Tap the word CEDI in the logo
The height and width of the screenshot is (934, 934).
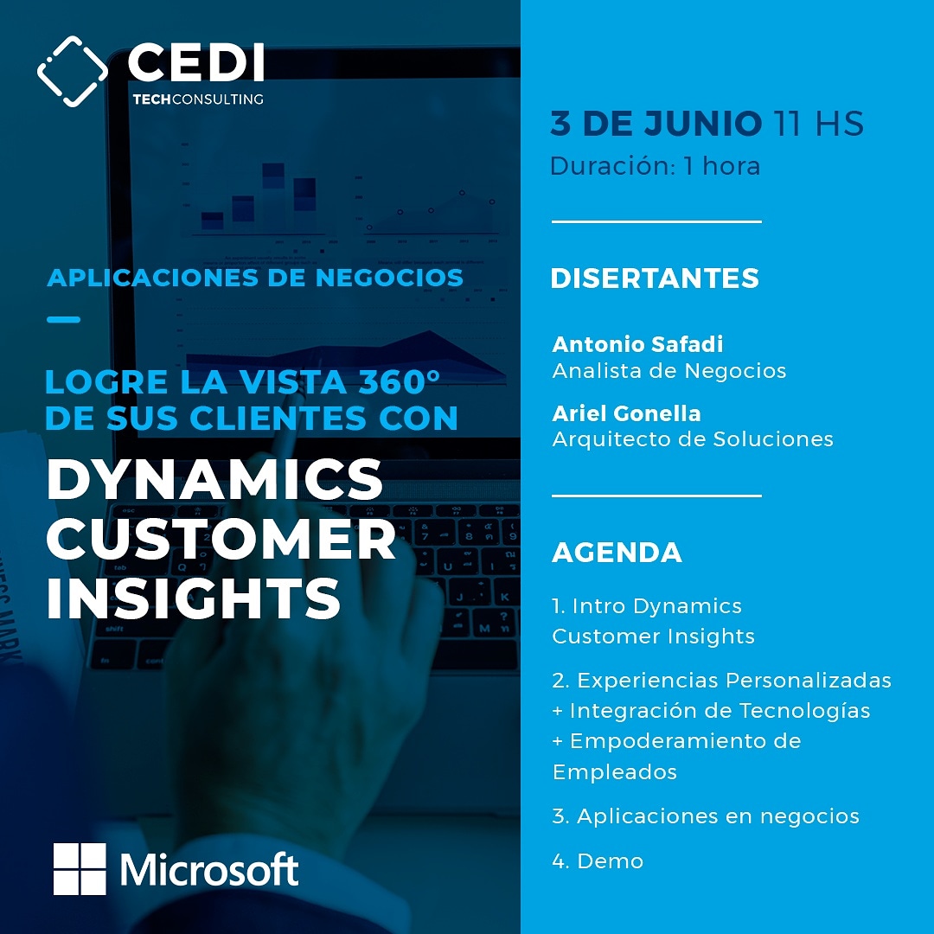pyautogui.click(x=196, y=62)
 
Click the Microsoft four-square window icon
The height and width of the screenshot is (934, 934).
pyautogui.click(x=80, y=868)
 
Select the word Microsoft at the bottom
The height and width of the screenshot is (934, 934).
pyautogui.click(x=209, y=870)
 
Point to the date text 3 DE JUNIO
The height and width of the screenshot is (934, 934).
pyautogui.click(x=656, y=124)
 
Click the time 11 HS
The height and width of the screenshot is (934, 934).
pyautogui.click(x=818, y=124)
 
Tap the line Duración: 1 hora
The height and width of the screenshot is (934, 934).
pyautogui.click(x=656, y=166)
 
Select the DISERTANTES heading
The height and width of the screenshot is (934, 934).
pyautogui.click(x=655, y=278)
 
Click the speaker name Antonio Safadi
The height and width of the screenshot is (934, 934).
pyautogui.click(x=637, y=343)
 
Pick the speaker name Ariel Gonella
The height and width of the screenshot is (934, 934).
pyautogui.click(x=626, y=413)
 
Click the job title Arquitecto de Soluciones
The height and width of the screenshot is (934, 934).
pyautogui.click(x=692, y=439)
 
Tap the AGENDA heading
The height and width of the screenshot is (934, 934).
pyautogui.click(x=617, y=552)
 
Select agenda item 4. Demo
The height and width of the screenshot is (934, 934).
pyautogui.click(x=598, y=861)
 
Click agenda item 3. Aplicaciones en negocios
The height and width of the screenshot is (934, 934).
pyautogui.click(x=706, y=816)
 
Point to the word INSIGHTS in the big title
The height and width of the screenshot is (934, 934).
pyautogui.click(x=194, y=598)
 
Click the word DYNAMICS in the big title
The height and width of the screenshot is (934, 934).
pyautogui.click(x=214, y=480)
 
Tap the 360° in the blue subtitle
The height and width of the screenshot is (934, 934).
pyautogui.click(x=399, y=382)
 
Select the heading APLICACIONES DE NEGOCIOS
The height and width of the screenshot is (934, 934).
pyautogui.click(x=255, y=278)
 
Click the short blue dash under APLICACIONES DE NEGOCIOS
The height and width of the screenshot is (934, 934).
pyautogui.click(x=63, y=319)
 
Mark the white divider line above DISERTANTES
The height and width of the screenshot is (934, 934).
pyautogui.click(x=656, y=221)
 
